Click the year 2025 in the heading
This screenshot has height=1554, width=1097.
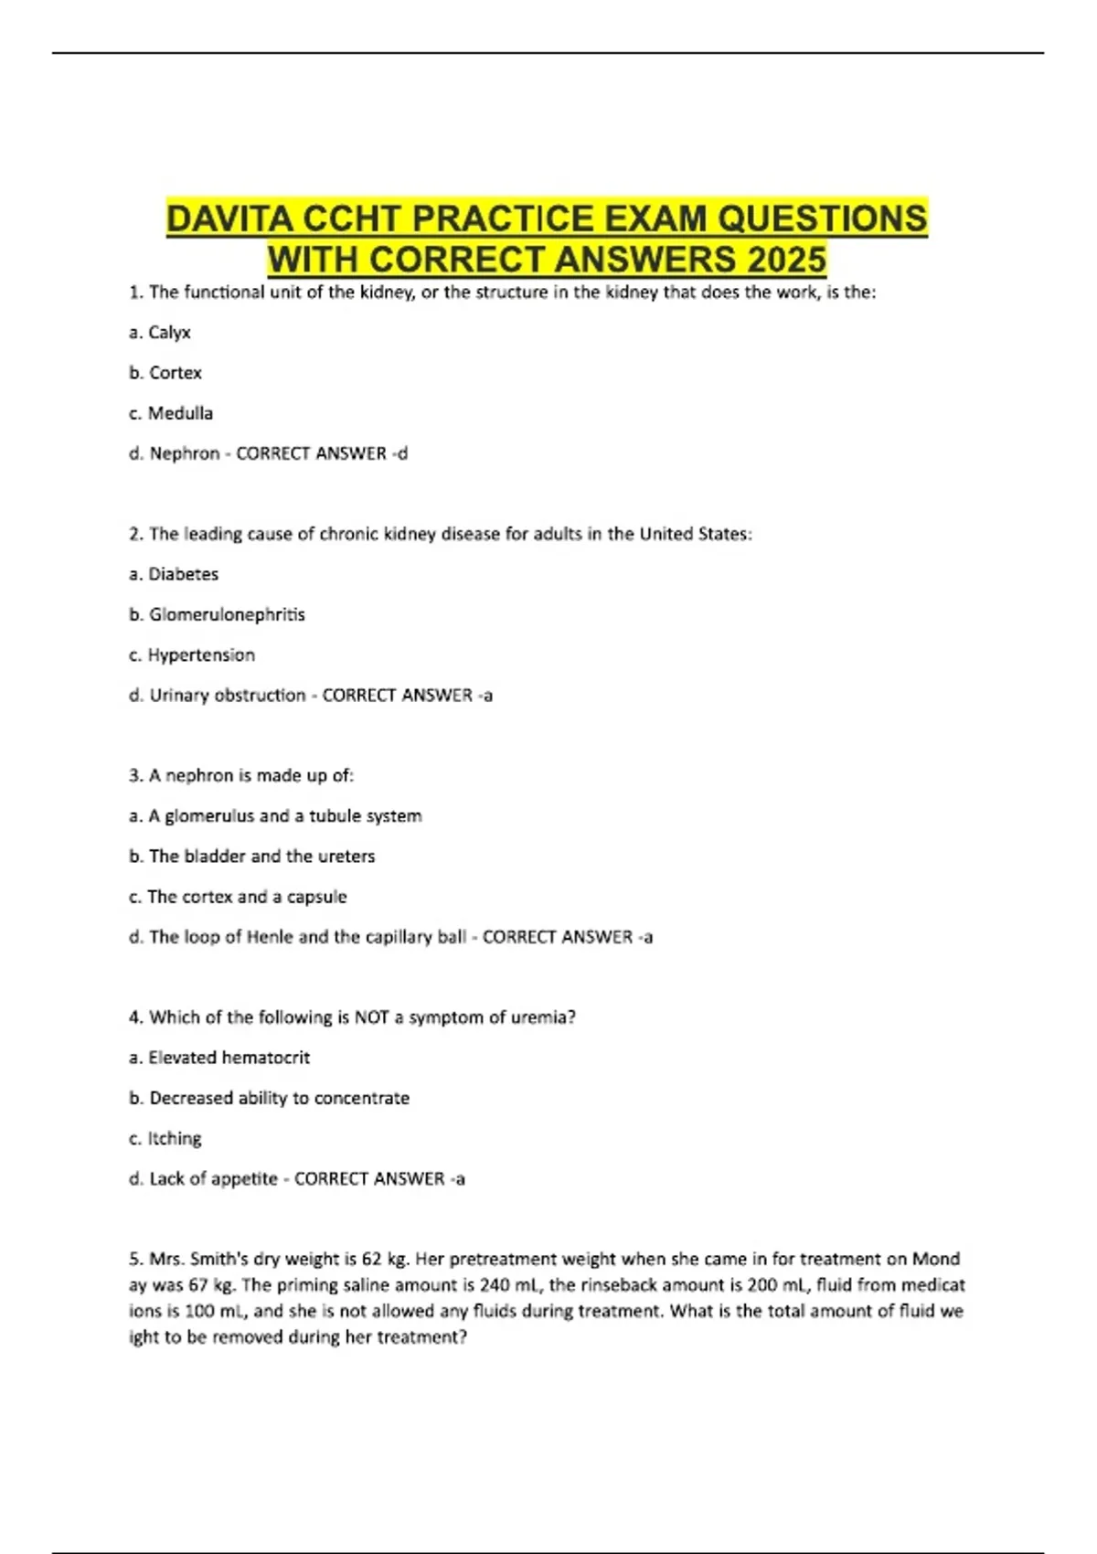(786, 261)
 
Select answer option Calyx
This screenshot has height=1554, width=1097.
(169, 333)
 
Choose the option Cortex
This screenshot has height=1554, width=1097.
(175, 373)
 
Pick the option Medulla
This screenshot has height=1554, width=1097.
(180, 413)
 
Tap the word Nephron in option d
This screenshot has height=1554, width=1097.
(185, 453)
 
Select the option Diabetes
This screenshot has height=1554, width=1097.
(183, 574)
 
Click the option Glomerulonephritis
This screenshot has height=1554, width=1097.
(227, 614)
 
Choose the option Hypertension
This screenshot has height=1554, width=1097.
(201, 655)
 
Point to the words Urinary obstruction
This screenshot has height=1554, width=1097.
(228, 695)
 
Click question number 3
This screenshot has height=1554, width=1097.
(136, 776)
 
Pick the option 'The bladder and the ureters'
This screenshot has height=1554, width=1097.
(261, 857)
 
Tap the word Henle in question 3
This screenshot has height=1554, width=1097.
(271, 937)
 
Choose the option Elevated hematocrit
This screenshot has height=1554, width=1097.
(229, 1058)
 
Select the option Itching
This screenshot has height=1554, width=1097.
(175, 1138)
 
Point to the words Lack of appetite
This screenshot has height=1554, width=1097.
(213, 1178)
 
